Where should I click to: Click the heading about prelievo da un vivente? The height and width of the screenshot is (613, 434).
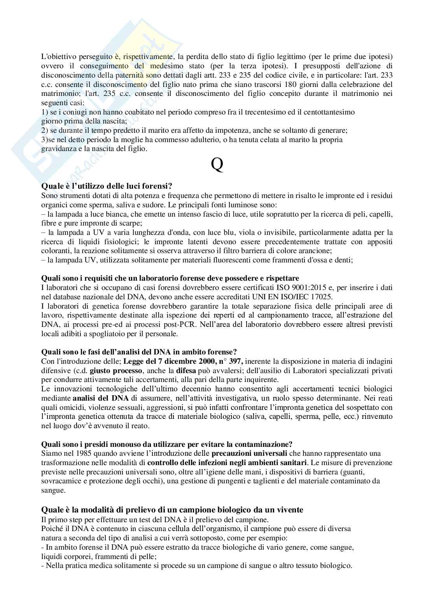point(172,509)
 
